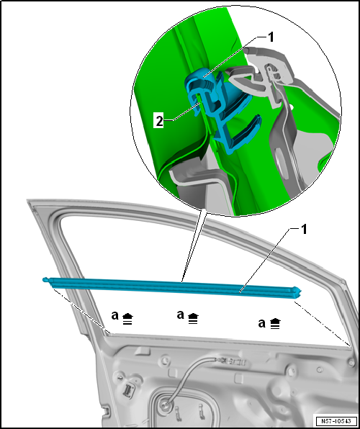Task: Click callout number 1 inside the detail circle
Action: (271, 37)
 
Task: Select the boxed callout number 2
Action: (159, 122)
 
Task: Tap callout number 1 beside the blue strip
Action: (304, 230)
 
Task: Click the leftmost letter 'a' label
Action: (115, 316)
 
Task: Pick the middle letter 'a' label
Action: (181, 315)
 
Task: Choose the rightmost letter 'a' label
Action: (261, 323)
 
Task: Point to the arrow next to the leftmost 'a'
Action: (128, 319)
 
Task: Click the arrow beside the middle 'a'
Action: (193, 318)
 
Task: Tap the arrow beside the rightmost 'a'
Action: (274, 323)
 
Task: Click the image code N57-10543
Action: (336, 420)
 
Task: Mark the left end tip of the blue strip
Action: (44, 279)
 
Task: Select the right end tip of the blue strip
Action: (300, 292)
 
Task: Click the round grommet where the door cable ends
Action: (165, 402)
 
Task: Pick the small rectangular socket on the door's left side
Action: (128, 389)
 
